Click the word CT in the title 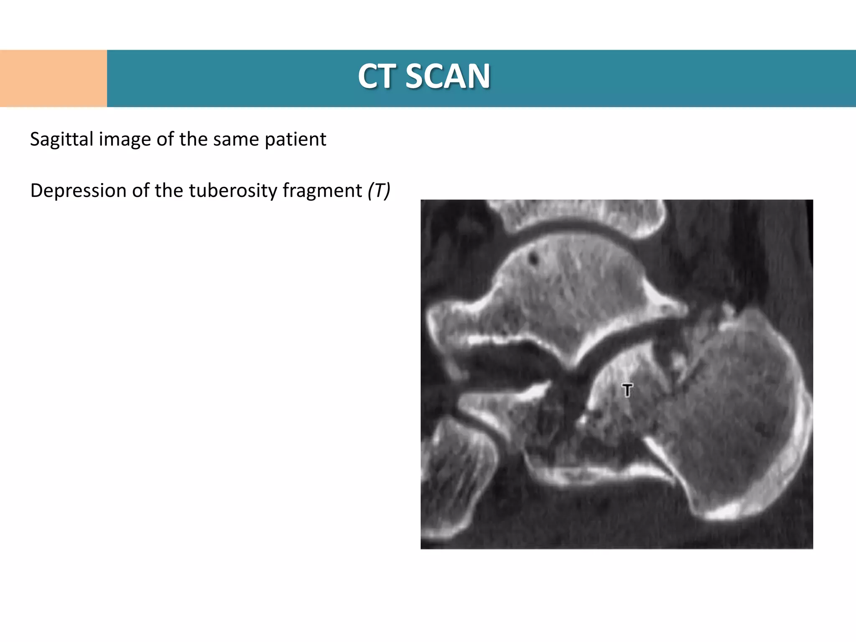click(x=377, y=76)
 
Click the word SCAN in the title click(x=448, y=76)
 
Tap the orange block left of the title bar click(x=53, y=79)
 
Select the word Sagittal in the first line click(x=61, y=140)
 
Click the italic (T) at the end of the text click(x=379, y=191)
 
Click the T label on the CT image click(x=627, y=390)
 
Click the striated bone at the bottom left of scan click(x=456, y=472)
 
